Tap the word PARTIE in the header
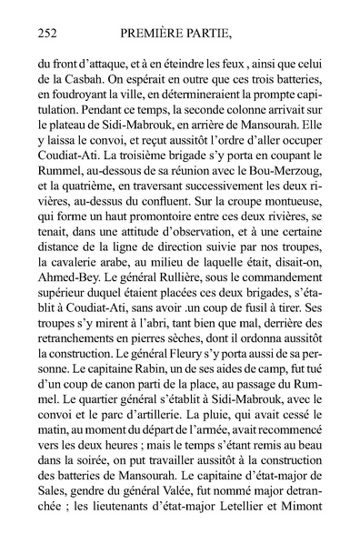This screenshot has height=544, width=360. click(229, 34)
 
